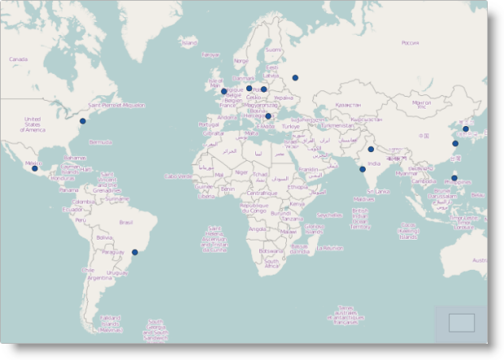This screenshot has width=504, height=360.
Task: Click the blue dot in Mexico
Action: pyautogui.click(x=35, y=168)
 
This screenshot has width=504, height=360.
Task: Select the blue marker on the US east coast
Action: pyautogui.click(x=82, y=121)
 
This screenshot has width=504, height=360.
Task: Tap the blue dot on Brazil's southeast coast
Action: pyautogui.click(x=135, y=252)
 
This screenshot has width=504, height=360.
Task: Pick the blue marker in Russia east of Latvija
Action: pyautogui.click(x=295, y=78)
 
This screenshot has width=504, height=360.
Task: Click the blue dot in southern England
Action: pyautogui.click(x=224, y=92)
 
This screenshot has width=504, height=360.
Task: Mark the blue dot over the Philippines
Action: pyautogui.click(x=454, y=178)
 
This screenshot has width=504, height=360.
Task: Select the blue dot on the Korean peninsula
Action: pyautogui.click(x=466, y=128)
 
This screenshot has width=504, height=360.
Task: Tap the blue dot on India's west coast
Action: pyautogui.click(x=363, y=169)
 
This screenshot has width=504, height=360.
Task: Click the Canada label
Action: pyautogui.click(x=19, y=59)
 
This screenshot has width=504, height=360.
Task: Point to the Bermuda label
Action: pyautogui.click(x=100, y=141)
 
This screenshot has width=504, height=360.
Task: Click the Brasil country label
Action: pyautogui.click(x=126, y=222)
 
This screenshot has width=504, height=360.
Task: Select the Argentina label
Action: pyautogui.click(x=98, y=277)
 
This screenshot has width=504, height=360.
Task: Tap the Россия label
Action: pyautogui.click(x=410, y=43)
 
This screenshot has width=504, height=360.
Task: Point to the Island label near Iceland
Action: pyautogui.click(x=189, y=42)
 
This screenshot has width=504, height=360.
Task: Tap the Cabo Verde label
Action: pyautogui.click(x=177, y=176)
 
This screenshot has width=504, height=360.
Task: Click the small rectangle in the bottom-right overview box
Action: pyautogui.click(x=461, y=323)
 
